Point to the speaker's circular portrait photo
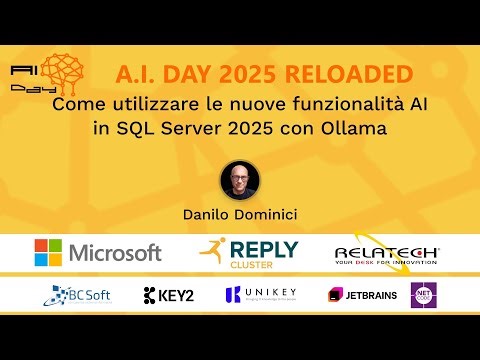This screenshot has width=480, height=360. pyautogui.click(x=240, y=180)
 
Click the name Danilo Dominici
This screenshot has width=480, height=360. pyautogui.click(x=240, y=213)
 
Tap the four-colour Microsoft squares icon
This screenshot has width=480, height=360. pyautogui.click(x=49, y=252)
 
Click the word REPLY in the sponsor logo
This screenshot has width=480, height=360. pyautogui.click(x=263, y=248)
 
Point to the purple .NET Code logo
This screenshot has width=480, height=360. pyautogui.click(x=425, y=295)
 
